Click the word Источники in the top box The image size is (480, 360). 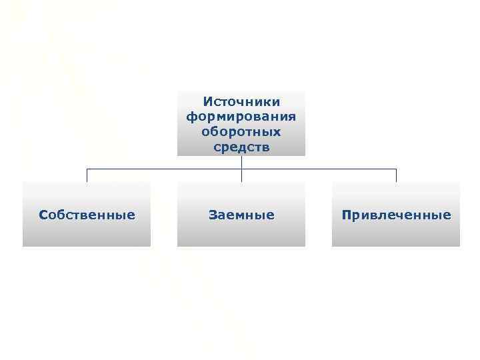pos(241,102)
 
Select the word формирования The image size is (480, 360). pos(241,117)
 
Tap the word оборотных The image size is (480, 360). pos(241,131)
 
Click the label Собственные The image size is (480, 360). pos(87,215)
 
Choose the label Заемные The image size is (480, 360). pos(241,215)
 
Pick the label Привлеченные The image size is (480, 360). pos(396,215)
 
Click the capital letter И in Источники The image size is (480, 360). pos(207,102)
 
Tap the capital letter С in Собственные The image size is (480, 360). pos(43,215)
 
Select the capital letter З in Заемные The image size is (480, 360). pos(212,215)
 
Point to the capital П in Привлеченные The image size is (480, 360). pos(346,215)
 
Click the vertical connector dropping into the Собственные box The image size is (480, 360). pos(87,175)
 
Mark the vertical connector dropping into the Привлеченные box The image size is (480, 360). pos(396,175)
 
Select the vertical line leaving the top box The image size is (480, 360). pos(241,162)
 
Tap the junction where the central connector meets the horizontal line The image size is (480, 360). pos(241,169)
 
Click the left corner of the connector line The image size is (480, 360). pos(87,169)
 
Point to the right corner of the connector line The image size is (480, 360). pos(396,169)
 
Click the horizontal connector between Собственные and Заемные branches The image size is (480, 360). pos(164,169)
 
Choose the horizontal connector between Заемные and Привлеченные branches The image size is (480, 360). pos(319,169)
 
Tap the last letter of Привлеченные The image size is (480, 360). pos(447,215)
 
